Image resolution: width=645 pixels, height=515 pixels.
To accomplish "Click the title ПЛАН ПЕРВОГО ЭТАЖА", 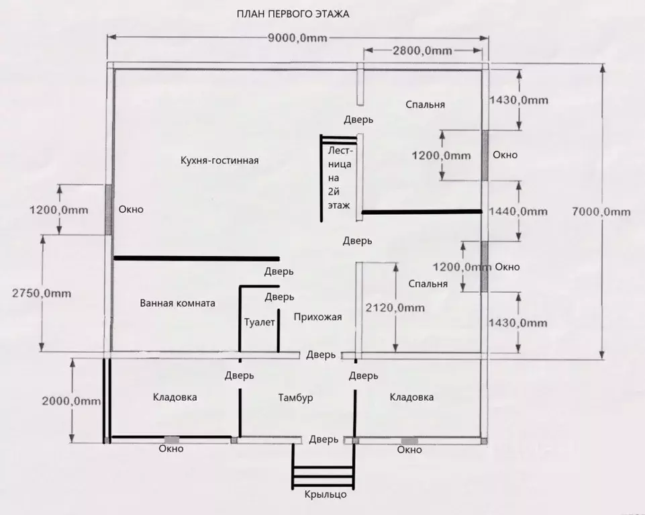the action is coord(293,14).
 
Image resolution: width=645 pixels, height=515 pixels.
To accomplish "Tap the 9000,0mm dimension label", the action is coord(297,38).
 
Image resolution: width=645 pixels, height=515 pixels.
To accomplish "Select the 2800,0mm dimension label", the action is coord(422,50).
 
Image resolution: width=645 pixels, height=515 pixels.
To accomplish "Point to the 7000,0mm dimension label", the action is coord(601,212).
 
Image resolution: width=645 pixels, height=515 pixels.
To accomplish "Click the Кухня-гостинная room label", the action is coord(219,160).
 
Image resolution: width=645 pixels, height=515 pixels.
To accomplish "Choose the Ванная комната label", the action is coord(177,303).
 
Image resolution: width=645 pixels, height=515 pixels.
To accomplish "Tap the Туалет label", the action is coord(259,322).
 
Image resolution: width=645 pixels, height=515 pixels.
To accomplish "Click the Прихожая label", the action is coord(317,317).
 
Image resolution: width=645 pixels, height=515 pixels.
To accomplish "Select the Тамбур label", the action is coord(295,397).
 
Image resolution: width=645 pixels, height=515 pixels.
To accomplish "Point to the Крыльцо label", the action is coord(326,494).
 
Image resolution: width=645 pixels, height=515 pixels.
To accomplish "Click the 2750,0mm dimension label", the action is coord(42,293).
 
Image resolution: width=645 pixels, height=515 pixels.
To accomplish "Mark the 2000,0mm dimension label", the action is coord(71,401).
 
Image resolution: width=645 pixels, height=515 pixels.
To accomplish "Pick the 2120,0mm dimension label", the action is coord(395,308).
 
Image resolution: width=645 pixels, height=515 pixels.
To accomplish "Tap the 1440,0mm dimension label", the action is coord(518,212).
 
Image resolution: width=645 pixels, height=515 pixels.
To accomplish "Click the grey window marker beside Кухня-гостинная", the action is coord(108,209).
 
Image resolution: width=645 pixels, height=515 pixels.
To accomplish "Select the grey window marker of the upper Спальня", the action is coord(485,156).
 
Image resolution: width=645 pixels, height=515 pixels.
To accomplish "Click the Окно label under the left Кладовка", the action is coord(171,449).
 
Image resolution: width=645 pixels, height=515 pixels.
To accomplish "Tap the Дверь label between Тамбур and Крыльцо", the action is coord(324,440).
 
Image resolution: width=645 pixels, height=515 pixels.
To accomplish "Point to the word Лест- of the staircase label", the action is coord(340,150).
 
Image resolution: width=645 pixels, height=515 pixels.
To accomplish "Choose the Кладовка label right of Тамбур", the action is coord(411,397).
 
